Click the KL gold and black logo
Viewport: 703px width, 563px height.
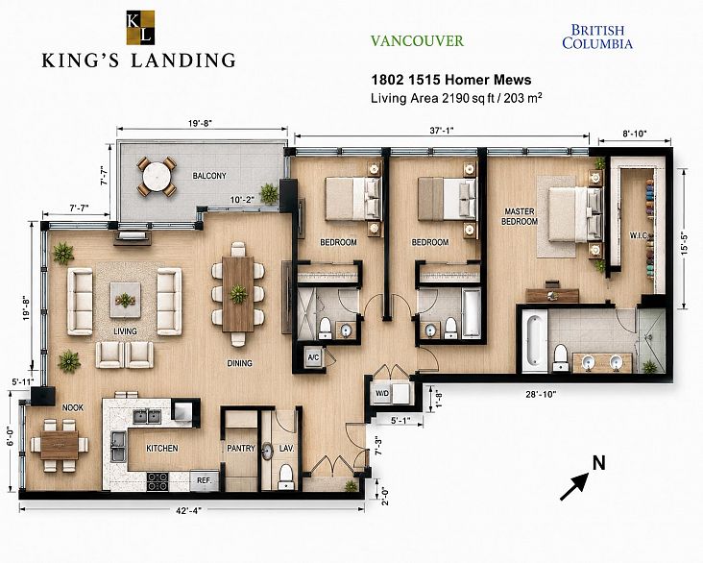(140, 27)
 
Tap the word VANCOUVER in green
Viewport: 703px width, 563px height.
(417, 40)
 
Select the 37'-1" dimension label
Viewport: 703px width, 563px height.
(442, 131)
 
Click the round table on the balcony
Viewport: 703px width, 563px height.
(157, 177)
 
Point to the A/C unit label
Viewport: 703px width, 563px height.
(313, 357)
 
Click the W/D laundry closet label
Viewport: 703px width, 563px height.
(382, 393)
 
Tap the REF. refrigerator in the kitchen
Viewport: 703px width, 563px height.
(205, 480)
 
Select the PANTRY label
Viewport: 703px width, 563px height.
(241, 448)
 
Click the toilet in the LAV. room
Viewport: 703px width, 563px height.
(285, 477)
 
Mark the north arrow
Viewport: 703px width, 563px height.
(574, 486)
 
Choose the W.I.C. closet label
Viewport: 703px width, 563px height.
(638, 235)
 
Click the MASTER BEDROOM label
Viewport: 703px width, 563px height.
(520, 216)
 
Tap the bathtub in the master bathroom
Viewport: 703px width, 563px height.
(535, 340)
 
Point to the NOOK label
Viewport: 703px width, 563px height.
(73, 407)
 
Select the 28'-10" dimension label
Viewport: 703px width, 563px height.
(541, 394)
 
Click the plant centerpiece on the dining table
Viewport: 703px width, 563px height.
(238, 294)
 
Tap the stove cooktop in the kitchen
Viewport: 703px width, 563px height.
(158, 481)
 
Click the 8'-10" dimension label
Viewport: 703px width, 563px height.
(635, 134)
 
